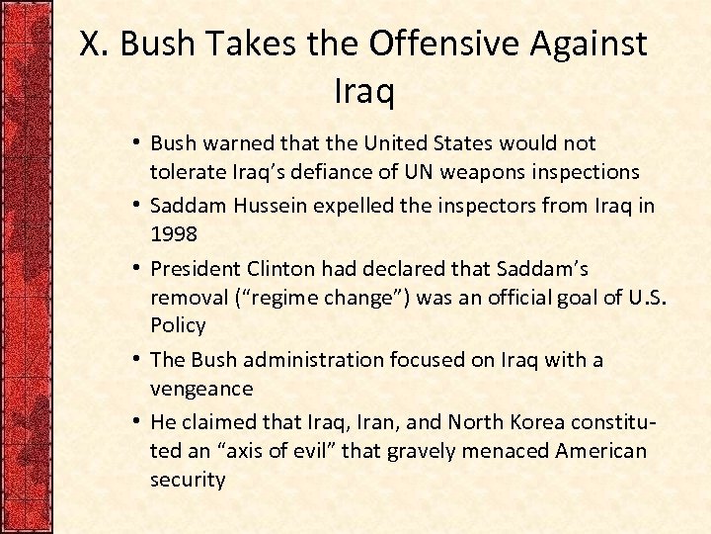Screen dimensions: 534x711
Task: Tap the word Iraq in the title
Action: [363, 92]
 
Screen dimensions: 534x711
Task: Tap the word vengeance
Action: [201, 389]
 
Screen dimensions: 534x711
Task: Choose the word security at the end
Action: [188, 480]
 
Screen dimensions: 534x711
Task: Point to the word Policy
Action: [178, 325]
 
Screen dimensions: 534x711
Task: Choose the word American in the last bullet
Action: [601, 451]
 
